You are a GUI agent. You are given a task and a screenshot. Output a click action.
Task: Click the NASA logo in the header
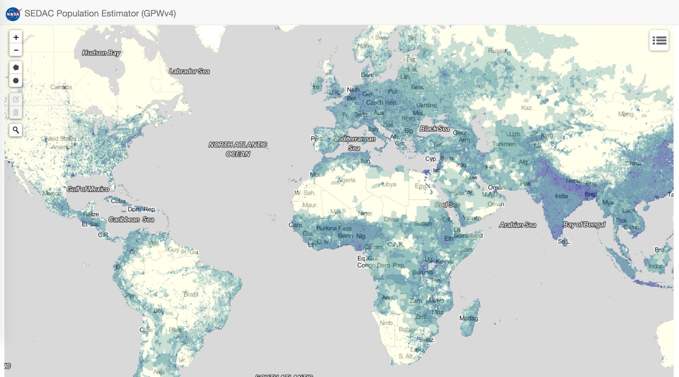(13, 13)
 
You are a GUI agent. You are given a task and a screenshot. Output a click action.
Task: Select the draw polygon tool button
(16, 67)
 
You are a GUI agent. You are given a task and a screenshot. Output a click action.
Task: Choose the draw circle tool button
(16, 80)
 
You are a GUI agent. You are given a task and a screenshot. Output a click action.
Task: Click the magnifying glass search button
(16, 130)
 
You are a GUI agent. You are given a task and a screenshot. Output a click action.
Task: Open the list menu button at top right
(659, 41)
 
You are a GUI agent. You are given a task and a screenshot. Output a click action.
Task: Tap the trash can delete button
(16, 112)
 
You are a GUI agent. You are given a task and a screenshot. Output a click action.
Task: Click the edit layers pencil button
(16, 99)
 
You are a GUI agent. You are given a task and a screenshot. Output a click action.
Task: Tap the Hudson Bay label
(101, 53)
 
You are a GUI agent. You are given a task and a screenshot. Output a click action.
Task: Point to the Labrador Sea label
(189, 71)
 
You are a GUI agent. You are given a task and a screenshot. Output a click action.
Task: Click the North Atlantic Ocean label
(238, 149)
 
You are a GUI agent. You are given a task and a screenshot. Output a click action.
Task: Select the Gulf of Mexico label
(88, 189)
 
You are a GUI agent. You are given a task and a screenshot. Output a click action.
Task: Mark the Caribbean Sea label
(131, 219)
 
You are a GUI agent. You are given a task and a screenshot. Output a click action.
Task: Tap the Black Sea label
(434, 129)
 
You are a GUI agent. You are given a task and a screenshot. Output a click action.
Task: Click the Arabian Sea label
(517, 225)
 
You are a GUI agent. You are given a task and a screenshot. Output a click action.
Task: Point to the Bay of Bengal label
(584, 225)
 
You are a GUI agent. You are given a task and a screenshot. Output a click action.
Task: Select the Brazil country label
(191, 294)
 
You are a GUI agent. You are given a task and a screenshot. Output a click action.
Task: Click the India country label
(561, 196)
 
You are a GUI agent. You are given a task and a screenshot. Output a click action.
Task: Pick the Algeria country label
(346, 180)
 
